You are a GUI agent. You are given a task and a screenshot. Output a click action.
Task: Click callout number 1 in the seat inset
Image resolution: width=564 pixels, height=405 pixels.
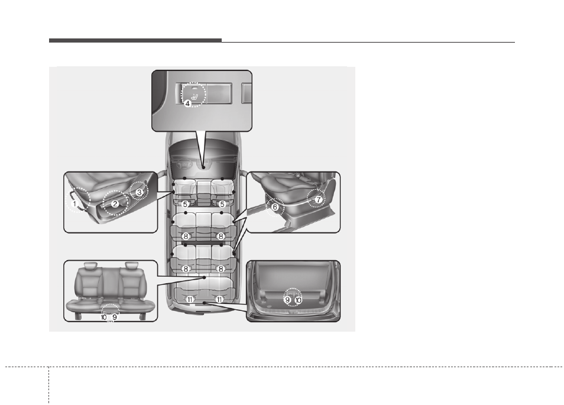(74, 203)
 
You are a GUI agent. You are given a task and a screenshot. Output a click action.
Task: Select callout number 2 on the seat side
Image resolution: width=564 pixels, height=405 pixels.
(115, 204)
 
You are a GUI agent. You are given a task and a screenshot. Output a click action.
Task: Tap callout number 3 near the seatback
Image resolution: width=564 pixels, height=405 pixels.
(139, 192)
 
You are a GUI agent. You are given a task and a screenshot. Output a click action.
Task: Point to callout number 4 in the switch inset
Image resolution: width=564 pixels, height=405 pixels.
(187, 103)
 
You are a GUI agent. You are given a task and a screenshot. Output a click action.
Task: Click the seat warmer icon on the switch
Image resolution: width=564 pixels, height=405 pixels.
(195, 96)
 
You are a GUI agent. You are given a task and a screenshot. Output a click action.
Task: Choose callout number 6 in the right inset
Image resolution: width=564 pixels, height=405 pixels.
(275, 207)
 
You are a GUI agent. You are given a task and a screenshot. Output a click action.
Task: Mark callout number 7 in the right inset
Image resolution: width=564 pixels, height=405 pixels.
(318, 200)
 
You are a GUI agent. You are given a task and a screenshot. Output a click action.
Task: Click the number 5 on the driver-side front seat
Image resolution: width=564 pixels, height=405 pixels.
(185, 205)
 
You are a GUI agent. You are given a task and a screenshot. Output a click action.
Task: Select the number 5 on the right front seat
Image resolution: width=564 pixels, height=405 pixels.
(222, 205)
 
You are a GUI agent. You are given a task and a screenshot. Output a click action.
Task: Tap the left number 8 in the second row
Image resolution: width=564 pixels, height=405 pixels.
(186, 236)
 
